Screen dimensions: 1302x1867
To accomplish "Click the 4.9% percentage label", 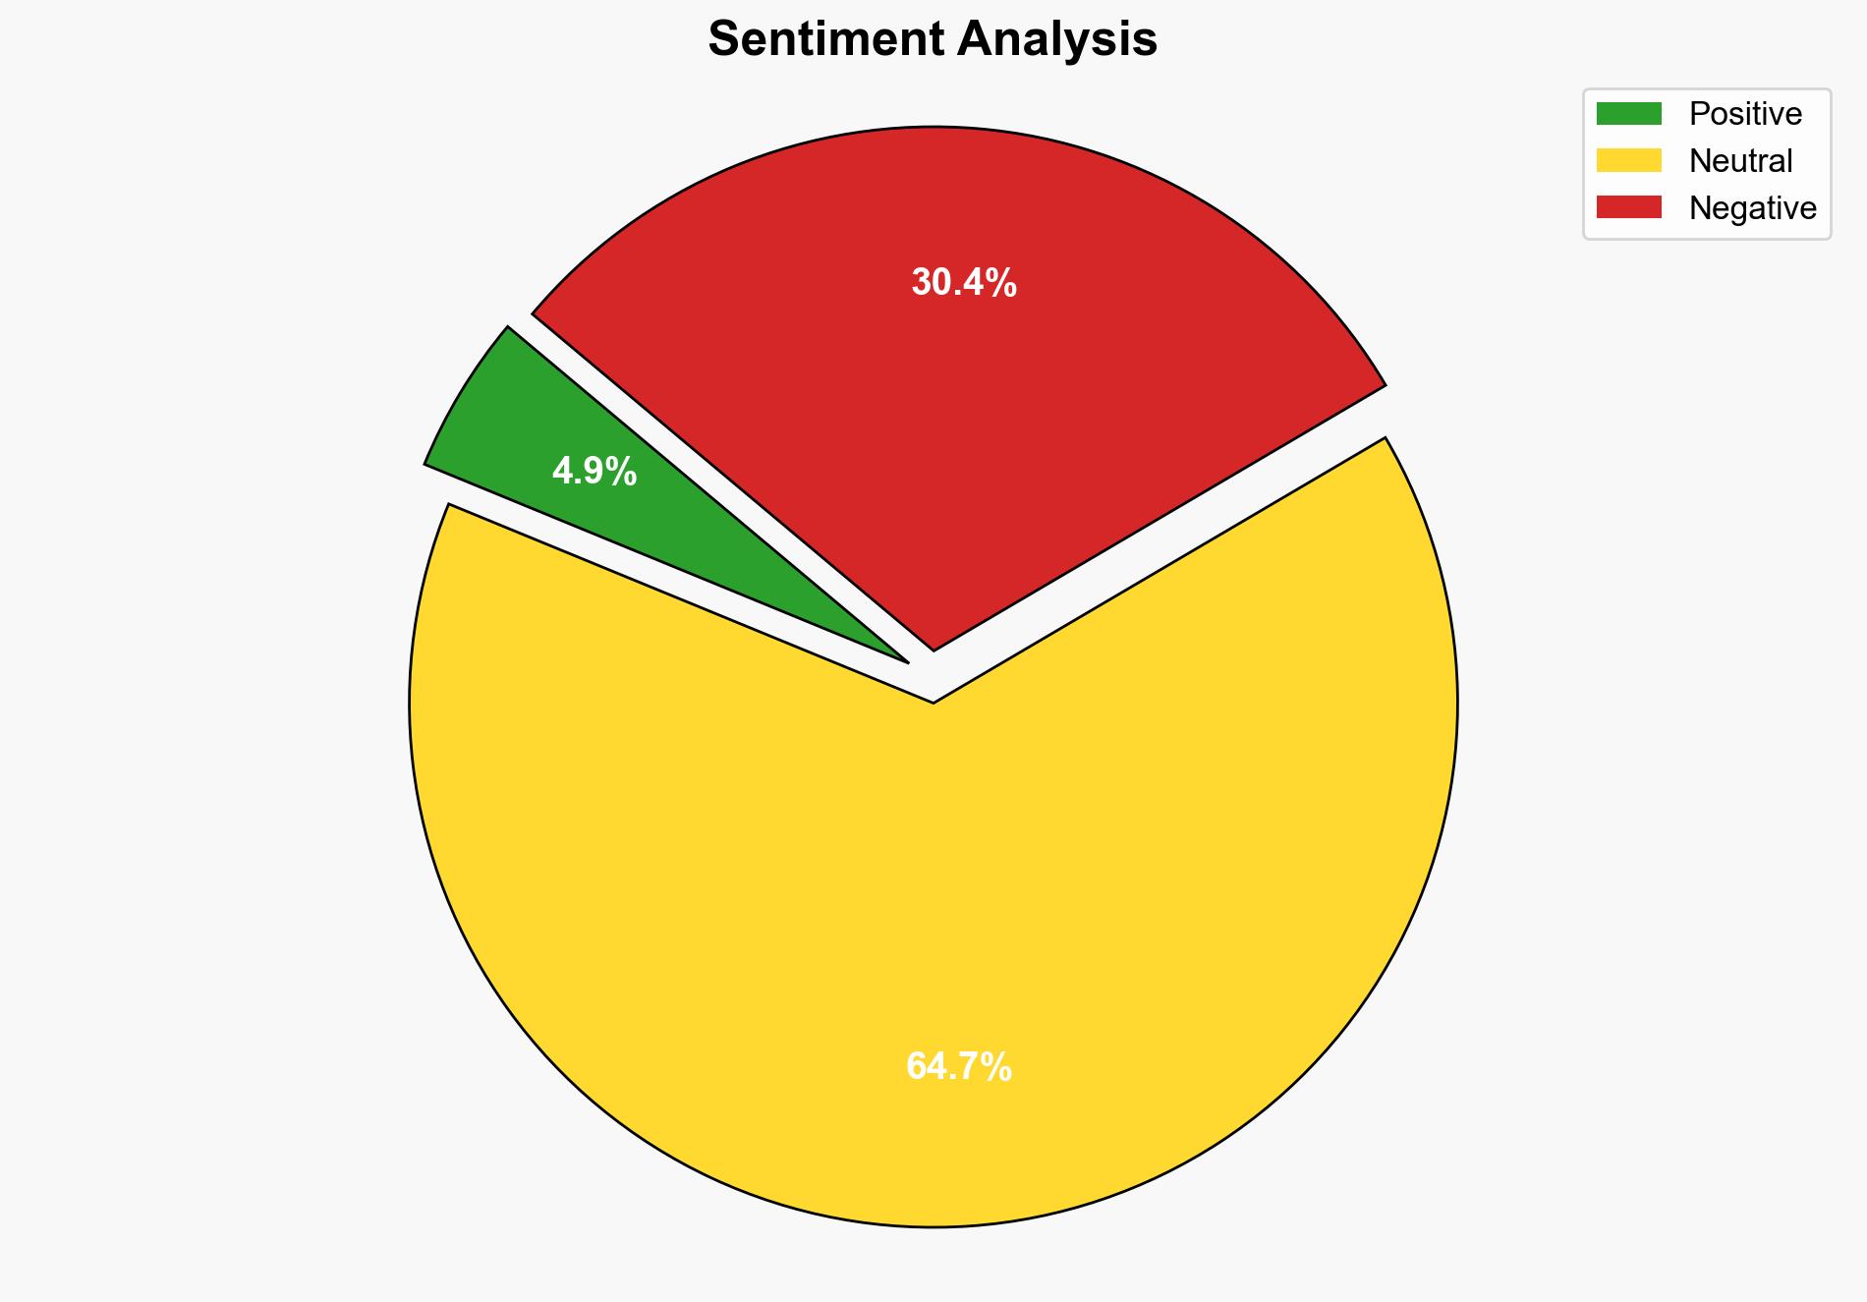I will pyautogui.click(x=594, y=473).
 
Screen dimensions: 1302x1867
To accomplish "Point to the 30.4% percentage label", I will pyautogui.click(x=964, y=283).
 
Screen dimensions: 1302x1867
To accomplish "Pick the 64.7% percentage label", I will pyautogui.click(x=959, y=1067).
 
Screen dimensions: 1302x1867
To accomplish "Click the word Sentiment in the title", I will pyautogui.click(x=825, y=40).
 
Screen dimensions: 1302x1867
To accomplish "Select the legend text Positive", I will pyautogui.click(x=1745, y=114).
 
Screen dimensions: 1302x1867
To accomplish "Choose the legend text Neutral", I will pyautogui.click(x=1740, y=161).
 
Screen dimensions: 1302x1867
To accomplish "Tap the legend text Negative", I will pyautogui.click(x=1752, y=208).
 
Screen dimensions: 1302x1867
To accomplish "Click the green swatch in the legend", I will pyautogui.click(x=1628, y=114).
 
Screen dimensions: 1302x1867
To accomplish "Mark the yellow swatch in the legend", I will pyautogui.click(x=1628, y=160).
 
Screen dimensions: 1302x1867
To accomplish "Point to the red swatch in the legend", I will pyautogui.click(x=1628, y=207).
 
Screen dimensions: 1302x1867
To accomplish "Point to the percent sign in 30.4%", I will pyautogui.click(x=1001, y=283).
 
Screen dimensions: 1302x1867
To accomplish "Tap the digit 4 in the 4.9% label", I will pyautogui.click(x=561, y=473).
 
